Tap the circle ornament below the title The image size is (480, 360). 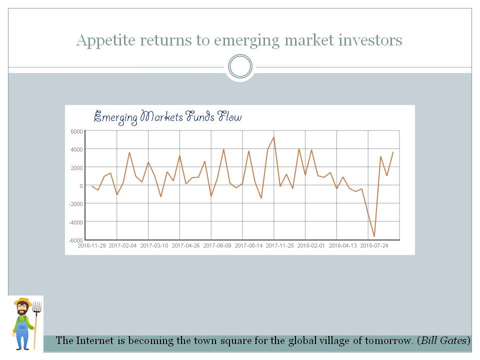click(240, 66)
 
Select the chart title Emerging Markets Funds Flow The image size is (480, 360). click(168, 117)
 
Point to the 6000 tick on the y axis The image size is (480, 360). click(76, 131)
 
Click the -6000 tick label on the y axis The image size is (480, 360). click(75, 240)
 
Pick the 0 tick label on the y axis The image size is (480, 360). click(80, 185)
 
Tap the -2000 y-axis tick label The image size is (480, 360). click(75, 203)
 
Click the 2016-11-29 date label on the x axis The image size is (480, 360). click(92, 245)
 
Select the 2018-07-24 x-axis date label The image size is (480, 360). click(374, 245)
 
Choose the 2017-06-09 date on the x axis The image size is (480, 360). click(217, 245)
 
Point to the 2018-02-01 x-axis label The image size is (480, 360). click(311, 245)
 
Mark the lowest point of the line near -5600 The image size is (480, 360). click(374, 236)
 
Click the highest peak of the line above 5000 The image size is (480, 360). click(273, 137)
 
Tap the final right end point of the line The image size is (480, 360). click(393, 152)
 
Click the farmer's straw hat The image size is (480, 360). click(22, 302)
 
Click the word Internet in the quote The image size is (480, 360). click(95, 341)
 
